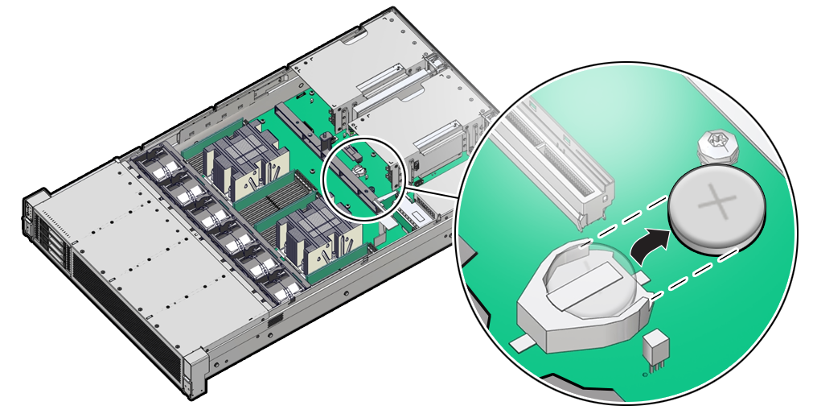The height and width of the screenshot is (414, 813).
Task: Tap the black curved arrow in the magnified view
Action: tap(650, 245)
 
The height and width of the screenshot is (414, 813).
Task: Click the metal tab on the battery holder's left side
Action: tap(524, 343)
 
